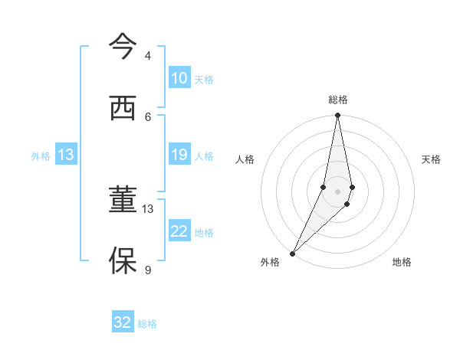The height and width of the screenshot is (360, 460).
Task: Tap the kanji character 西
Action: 123,109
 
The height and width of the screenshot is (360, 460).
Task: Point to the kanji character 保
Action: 123,261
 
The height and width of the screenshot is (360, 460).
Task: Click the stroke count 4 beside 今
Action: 148,56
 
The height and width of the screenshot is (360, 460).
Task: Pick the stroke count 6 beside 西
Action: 148,116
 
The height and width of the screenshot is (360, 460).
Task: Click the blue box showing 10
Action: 179,77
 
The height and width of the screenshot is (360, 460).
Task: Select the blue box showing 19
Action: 179,155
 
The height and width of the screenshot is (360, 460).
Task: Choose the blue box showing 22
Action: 179,231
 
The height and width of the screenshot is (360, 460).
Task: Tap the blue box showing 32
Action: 123,322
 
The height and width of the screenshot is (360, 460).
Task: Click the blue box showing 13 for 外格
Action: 66,155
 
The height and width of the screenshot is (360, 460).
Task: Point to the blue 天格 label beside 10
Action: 204,79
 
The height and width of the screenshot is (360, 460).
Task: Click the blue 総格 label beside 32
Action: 147,324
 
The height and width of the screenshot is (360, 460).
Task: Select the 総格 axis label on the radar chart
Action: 338,100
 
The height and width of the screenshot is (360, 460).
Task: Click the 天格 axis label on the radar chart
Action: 431,159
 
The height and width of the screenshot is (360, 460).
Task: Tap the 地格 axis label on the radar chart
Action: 402,262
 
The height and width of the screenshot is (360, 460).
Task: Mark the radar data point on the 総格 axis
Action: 337,116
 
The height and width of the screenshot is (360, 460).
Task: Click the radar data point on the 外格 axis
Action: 292,253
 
